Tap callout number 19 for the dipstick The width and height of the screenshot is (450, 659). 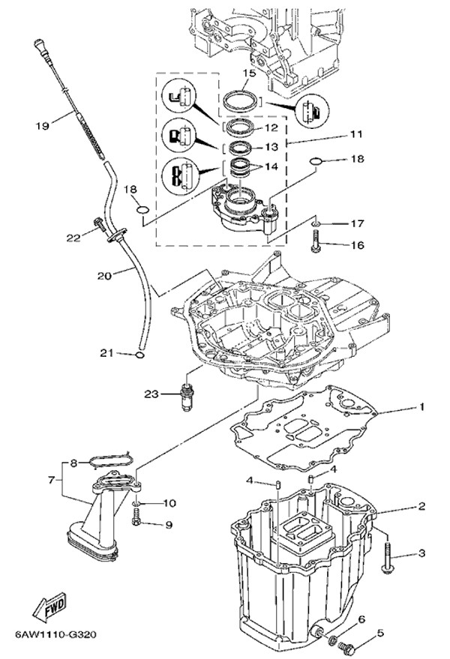(x=42, y=126)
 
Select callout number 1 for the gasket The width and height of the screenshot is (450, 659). (x=421, y=407)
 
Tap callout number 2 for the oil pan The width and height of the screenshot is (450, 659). (x=421, y=506)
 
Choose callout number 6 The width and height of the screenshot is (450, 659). (x=361, y=619)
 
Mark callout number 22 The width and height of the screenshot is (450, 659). (x=72, y=238)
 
